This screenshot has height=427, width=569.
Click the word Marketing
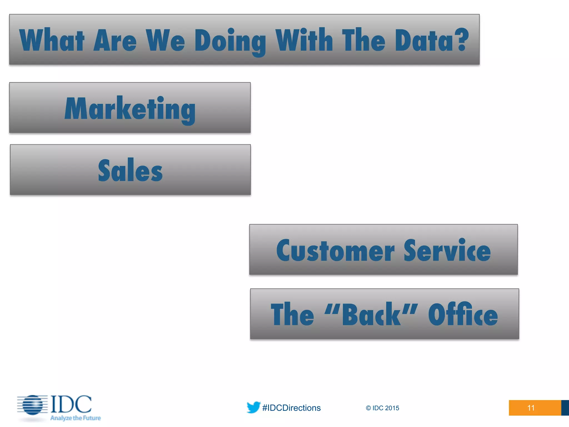[130, 109]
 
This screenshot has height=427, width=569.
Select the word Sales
[130, 170]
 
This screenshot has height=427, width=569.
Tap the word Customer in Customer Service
[335, 251]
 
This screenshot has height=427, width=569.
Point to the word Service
[447, 251]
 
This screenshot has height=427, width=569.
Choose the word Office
[463, 315]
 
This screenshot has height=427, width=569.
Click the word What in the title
[52, 41]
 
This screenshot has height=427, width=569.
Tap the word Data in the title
[424, 41]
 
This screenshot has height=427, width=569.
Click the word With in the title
[304, 40]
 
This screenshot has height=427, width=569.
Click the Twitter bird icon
[253, 407]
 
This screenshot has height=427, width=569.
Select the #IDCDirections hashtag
[291, 408]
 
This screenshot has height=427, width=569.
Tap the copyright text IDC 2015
[383, 408]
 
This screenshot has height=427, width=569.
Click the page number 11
[531, 408]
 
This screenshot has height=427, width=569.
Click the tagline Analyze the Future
[76, 418]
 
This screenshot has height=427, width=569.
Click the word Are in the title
[115, 41]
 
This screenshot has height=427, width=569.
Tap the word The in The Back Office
[292, 315]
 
